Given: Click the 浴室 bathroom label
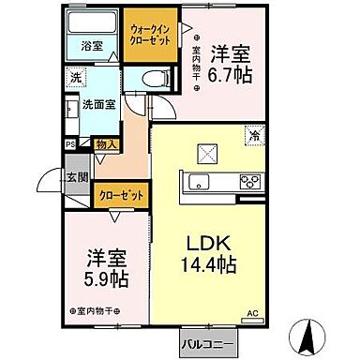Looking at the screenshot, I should point(90,43).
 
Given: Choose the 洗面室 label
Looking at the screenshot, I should point(97,105).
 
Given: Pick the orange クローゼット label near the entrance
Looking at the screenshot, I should point(122,197).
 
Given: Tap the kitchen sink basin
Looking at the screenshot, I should point(200,181).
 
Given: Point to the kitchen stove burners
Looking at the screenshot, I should point(250,181).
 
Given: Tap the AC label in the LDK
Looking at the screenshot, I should point(251,314).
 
